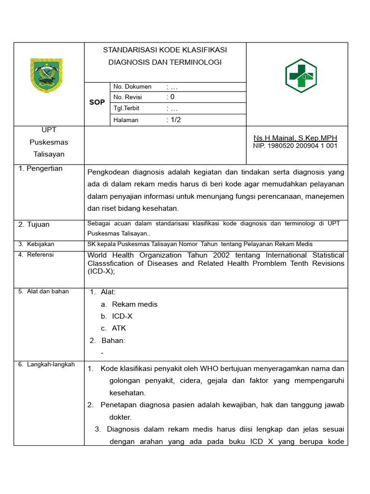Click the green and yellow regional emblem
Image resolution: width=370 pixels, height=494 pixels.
click(46, 75)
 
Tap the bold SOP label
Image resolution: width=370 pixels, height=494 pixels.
click(97, 103)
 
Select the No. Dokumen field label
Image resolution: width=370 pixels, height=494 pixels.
click(132, 87)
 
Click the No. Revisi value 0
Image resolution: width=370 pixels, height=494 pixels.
click(172, 97)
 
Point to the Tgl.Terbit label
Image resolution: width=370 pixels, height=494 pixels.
click(126, 109)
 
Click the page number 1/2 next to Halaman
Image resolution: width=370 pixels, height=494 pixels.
click(175, 120)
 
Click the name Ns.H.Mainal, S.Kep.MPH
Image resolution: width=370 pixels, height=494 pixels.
click(295, 138)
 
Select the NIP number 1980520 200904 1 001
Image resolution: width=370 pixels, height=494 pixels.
click(295, 146)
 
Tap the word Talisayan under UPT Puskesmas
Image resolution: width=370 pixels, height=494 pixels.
click(49, 154)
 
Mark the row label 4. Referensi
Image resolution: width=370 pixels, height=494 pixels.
click(36, 255)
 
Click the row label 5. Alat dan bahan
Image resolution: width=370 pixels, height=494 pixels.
click(43, 291)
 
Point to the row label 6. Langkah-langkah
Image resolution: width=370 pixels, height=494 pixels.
click(46, 365)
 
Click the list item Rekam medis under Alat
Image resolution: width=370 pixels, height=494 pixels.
click(134, 304)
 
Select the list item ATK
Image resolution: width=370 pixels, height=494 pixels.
click(119, 328)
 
